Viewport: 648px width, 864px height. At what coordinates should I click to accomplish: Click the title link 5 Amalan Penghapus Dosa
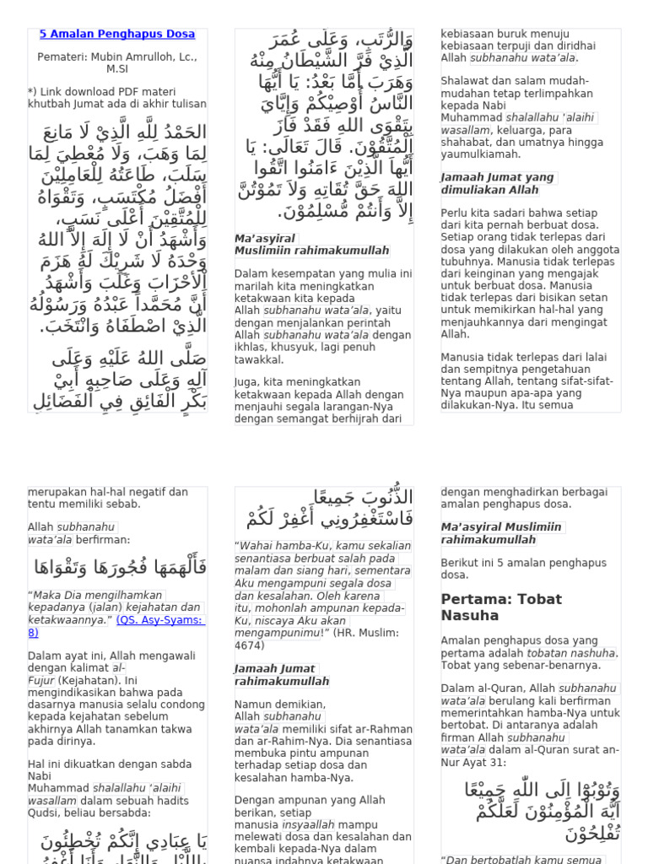(x=117, y=35)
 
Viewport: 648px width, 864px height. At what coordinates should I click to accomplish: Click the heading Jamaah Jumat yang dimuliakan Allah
(x=498, y=183)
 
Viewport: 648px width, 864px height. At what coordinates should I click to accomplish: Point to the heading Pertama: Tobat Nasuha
(x=501, y=607)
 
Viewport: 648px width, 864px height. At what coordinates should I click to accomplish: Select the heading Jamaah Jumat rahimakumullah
(x=282, y=675)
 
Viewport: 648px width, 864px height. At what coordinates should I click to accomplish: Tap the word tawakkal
(x=260, y=359)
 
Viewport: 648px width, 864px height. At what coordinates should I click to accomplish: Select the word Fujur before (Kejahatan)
(x=41, y=680)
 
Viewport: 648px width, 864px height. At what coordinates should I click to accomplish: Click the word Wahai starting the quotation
(x=256, y=546)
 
